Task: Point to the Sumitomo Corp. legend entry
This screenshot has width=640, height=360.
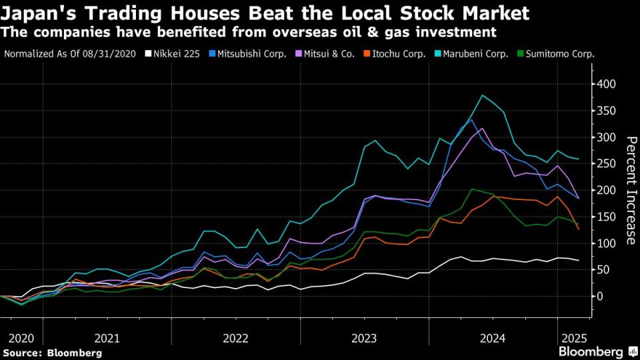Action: [x=558, y=54]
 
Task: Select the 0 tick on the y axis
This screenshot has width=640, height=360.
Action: [x=600, y=296]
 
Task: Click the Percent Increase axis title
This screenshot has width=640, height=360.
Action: [x=630, y=190]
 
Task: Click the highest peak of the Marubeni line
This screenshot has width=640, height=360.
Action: [x=481, y=95]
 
